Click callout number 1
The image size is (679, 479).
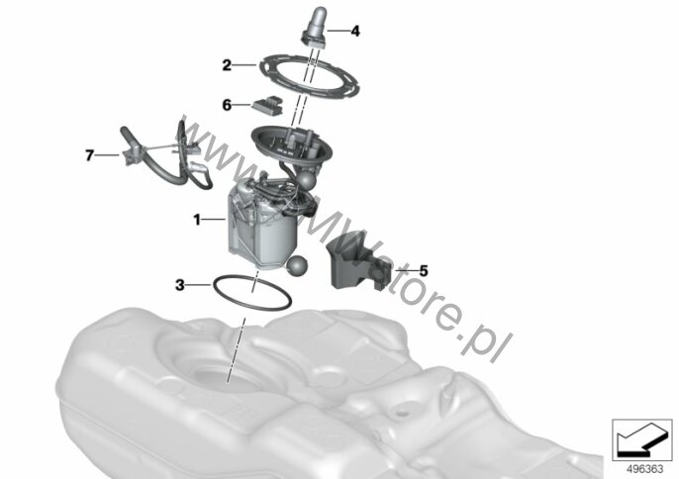(197, 220)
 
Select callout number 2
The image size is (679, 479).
(227, 65)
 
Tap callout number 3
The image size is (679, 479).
(180, 285)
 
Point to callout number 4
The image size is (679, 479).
(355, 32)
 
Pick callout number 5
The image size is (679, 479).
(423, 271)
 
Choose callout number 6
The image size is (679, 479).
(227, 105)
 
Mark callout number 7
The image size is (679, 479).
(89, 155)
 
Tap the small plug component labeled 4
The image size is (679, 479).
(314, 27)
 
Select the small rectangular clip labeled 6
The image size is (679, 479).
(268, 104)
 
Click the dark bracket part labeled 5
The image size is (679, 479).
(358, 261)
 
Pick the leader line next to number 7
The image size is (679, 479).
(107, 154)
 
